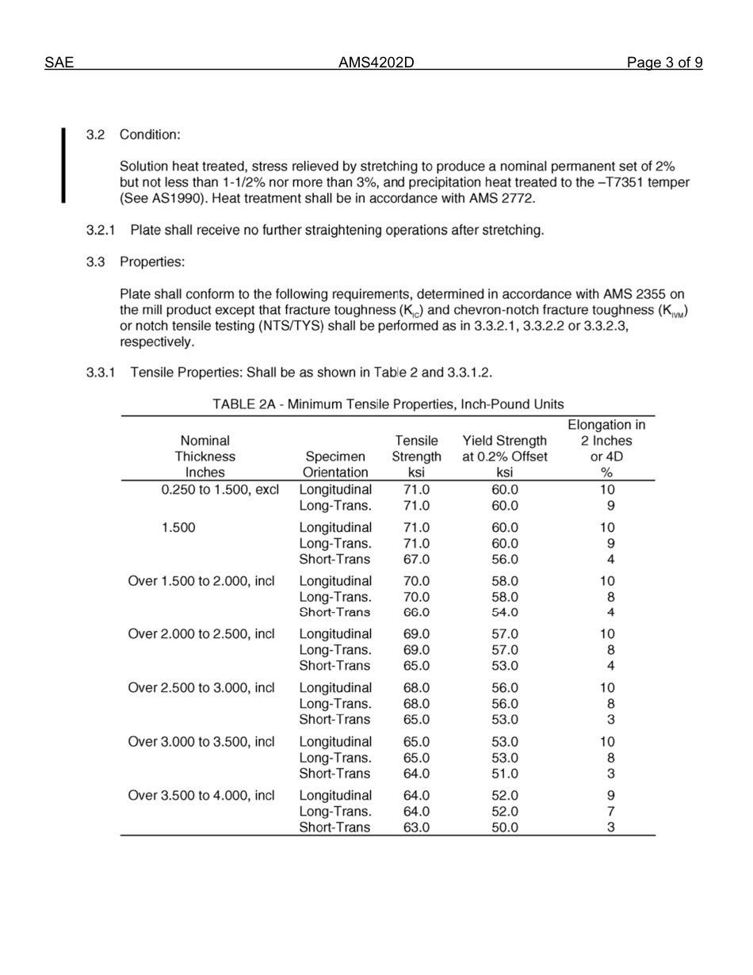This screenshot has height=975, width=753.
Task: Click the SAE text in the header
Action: [x=59, y=63]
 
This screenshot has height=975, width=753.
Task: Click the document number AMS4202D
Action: [x=376, y=63]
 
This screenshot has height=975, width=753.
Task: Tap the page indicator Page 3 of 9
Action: [x=664, y=63]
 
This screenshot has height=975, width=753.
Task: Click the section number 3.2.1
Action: [x=101, y=231]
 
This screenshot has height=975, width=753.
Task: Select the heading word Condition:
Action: [x=150, y=135]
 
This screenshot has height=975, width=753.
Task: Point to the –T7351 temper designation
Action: [x=618, y=182]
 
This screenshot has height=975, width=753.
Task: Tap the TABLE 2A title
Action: [x=388, y=404]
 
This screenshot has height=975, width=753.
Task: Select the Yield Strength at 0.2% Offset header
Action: [x=504, y=457]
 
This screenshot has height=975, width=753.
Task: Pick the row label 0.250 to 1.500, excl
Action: [x=220, y=490]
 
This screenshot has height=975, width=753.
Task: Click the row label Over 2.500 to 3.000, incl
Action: [x=201, y=688]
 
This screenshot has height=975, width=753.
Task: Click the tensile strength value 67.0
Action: [x=416, y=559]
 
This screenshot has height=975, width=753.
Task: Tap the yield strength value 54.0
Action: [x=504, y=612]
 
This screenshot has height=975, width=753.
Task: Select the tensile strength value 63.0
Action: [x=416, y=828]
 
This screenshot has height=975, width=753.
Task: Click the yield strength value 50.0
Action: [x=504, y=828]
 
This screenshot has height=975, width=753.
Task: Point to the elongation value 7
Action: [x=610, y=812]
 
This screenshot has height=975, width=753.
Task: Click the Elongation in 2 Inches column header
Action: [x=607, y=449]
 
